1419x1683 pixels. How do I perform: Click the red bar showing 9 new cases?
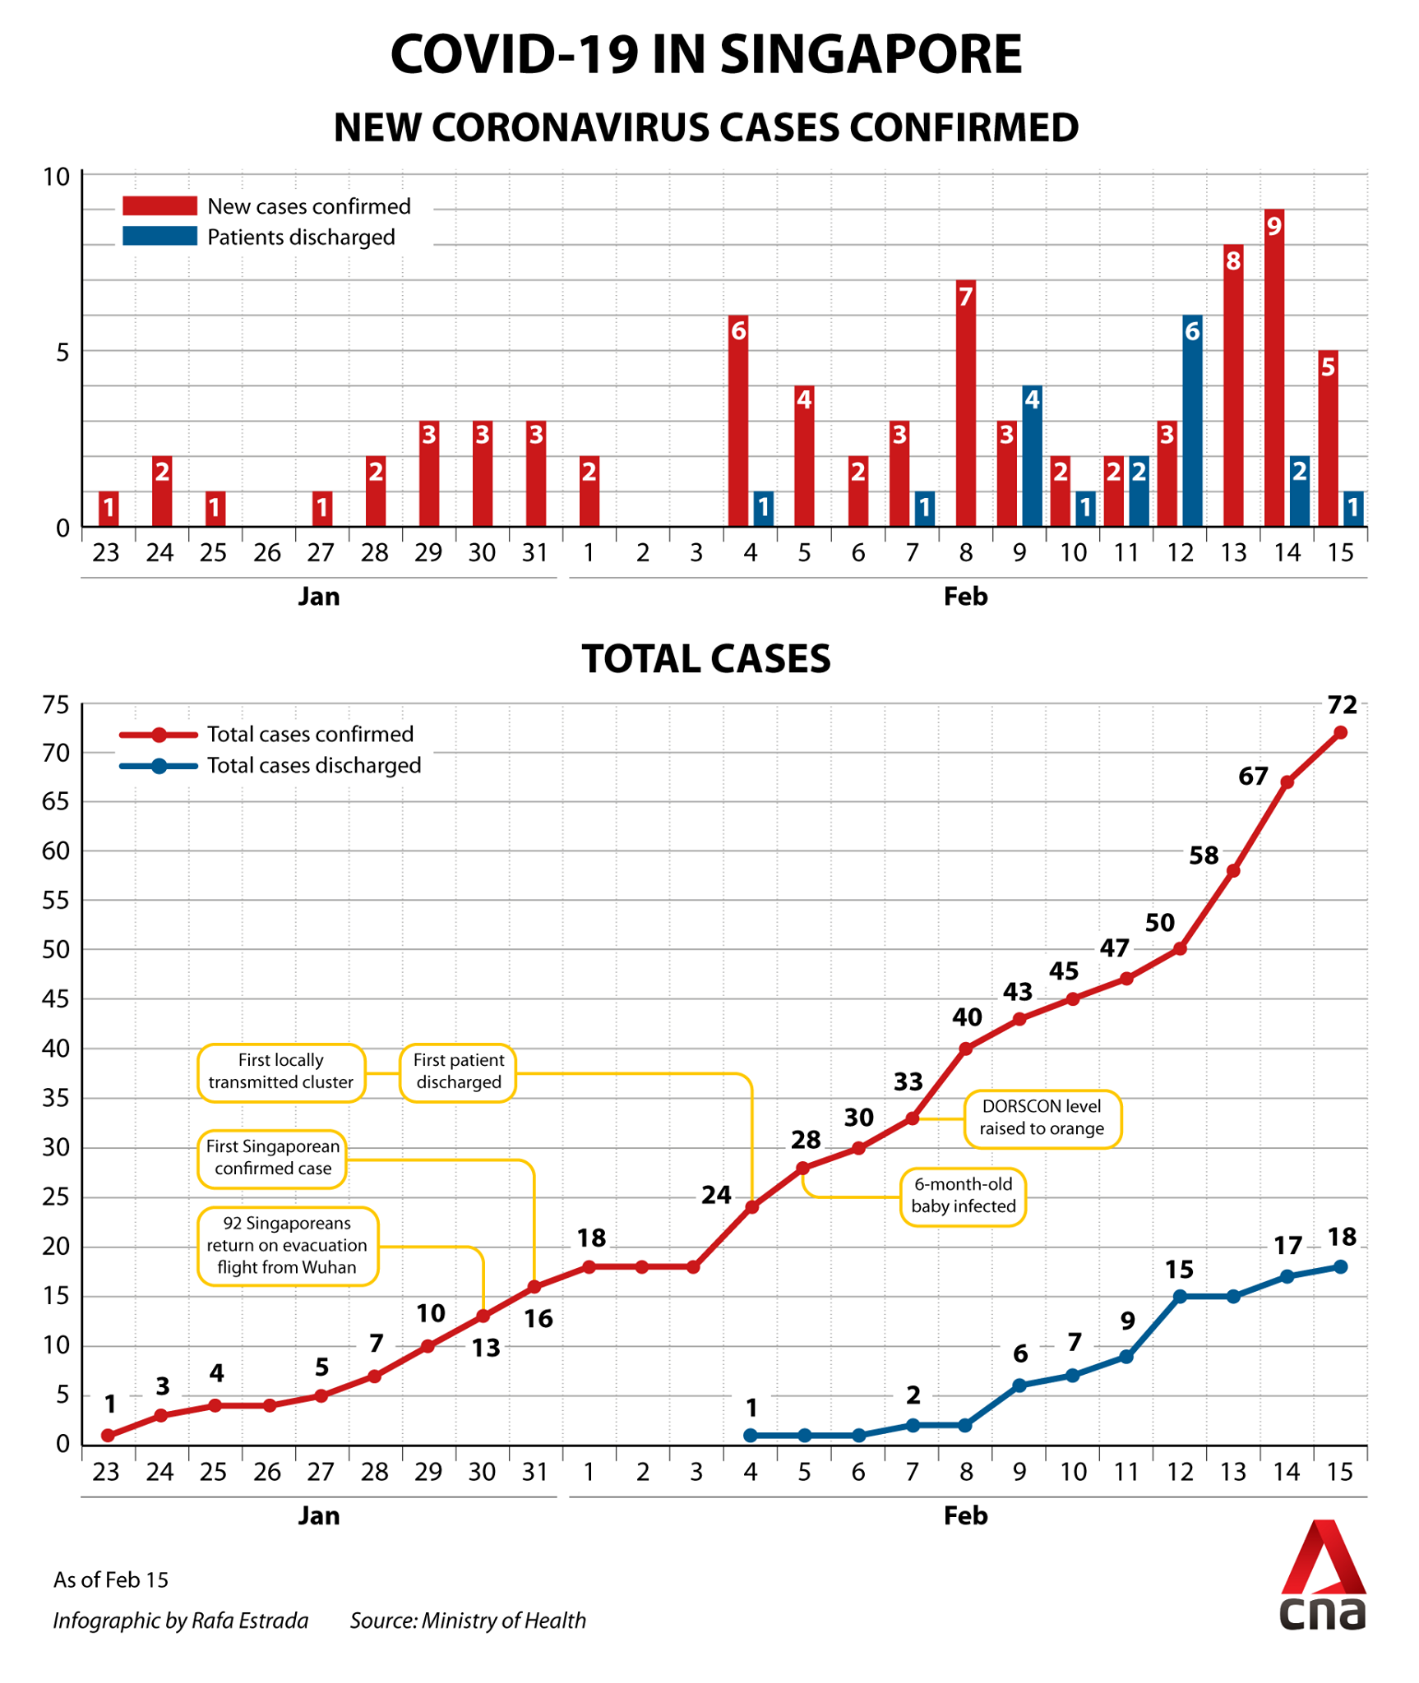pyautogui.click(x=1273, y=367)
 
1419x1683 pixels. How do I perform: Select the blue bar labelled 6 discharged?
pyautogui.click(x=1192, y=421)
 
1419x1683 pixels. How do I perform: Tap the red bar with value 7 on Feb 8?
pyautogui.click(x=965, y=403)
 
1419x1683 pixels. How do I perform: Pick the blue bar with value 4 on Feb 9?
pyautogui.click(x=1032, y=456)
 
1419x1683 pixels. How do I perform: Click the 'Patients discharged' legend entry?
pyautogui.click(x=259, y=237)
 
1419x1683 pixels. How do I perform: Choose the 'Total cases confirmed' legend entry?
pyautogui.click(x=266, y=734)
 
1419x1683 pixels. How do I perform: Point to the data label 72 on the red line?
pyautogui.click(x=1342, y=704)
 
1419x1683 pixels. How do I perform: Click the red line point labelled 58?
pyautogui.click(x=1232, y=870)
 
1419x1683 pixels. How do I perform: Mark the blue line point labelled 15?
pyautogui.click(x=1180, y=1297)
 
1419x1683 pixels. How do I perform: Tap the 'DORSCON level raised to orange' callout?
pyautogui.click(x=1042, y=1118)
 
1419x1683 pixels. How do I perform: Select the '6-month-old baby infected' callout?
pyautogui.click(x=963, y=1196)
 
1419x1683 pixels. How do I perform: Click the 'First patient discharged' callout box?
pyautogui.click(x=458, y=1072)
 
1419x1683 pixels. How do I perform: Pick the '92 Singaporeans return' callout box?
pyautogui.click(x=288, y=1245)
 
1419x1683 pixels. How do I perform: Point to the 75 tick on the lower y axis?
pyautogui.click(x=56, y=705)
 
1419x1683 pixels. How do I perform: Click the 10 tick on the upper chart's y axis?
pyautogui.click(x=57, y=177)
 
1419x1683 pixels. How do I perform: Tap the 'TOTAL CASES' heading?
pyautogui.click(x=706, y=659)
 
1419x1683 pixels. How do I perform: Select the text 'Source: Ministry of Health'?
pyautogui.click(x=468, y=1621)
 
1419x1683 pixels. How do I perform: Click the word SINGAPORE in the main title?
pyautogui.click(x=871, y=55)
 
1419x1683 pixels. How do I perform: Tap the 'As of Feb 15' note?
pyautogui.click(x=111, y=1579)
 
